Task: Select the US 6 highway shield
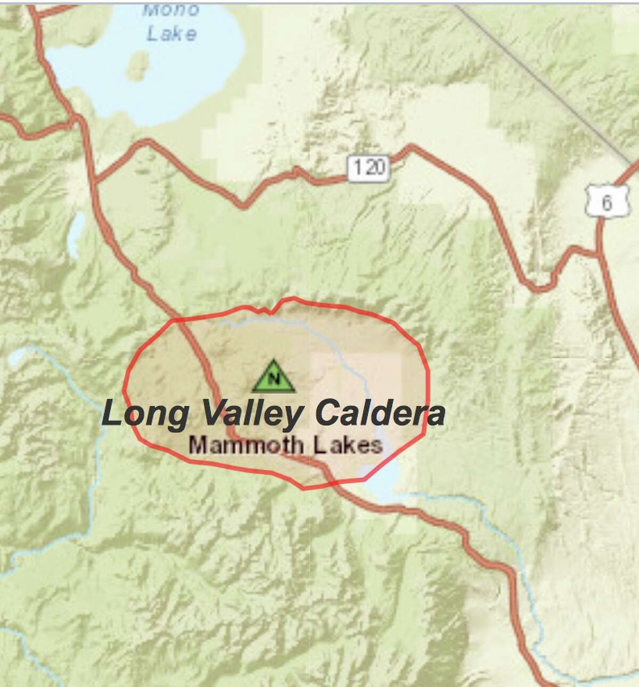point(606,202)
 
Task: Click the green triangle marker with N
point(274,377)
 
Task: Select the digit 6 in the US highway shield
point(607,204)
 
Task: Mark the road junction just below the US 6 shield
point(599,254)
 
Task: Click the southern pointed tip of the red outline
point(303,488)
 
